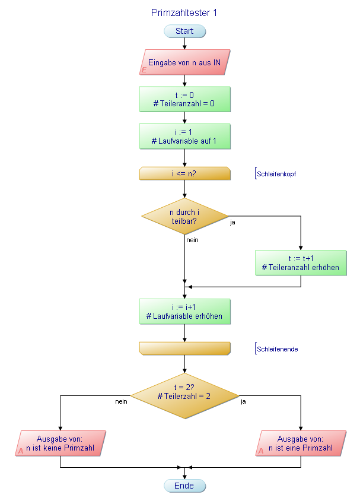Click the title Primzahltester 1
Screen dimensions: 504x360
[x=184, y=12]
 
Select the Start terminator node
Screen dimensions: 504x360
[x=184, y=31]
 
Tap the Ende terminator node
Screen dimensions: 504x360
[x=184, y=486]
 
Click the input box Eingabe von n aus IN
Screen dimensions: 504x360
[x=184, y=62]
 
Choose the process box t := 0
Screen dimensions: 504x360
[x=184, y=99]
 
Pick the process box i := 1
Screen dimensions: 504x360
[x=184, y=136]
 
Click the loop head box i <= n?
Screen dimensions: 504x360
[x=184, y=173]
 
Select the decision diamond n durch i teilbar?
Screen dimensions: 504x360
[x=184, y=216]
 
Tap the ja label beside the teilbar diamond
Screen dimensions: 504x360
[x=232, y=223]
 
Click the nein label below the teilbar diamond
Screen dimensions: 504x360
[x=192, y=240]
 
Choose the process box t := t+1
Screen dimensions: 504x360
[x=301, y=263]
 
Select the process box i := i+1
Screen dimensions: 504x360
[x=184, y=312]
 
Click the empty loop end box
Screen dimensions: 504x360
[x=184, y=348]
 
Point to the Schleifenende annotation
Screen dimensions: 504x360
[x=276, y=349]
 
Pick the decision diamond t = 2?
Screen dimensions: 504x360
[x=184, y=392]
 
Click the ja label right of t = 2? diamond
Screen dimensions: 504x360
[x=243, y=401]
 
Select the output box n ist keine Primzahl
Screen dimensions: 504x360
[x=62, y=443]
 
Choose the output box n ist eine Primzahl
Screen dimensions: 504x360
[x=301, y=443]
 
